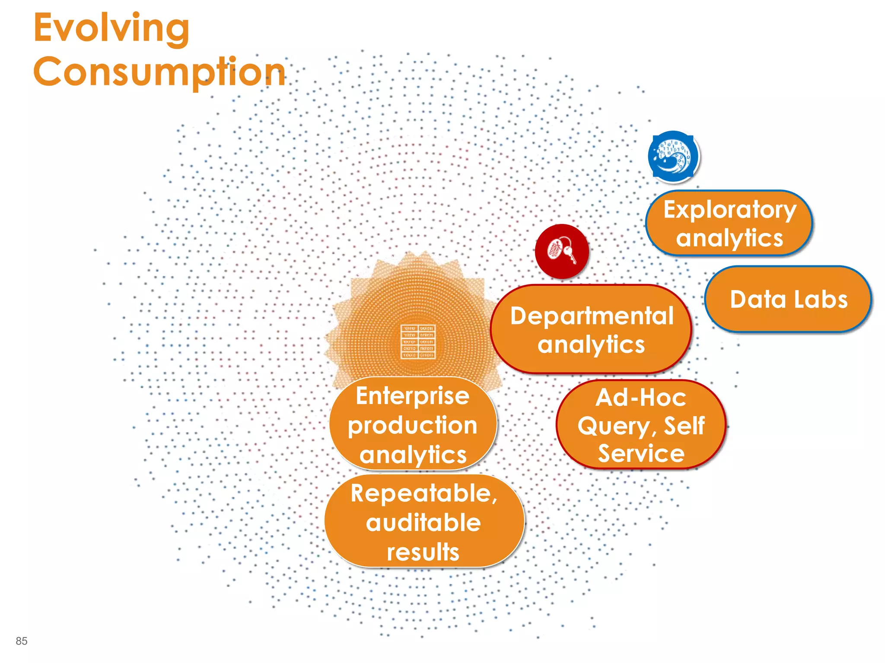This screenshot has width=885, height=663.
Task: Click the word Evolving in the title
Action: coord(111,28)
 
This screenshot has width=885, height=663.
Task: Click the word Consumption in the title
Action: coord(159,72)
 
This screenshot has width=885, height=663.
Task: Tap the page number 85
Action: coord(21,641)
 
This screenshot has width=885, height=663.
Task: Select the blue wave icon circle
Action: coord(673,156)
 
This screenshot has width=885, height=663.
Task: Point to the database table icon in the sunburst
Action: coord(417,341)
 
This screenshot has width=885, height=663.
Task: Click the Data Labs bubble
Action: coord(788,300)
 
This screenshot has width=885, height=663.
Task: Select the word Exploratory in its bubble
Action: coord(729,210)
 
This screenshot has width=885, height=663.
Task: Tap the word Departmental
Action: coord(592,316)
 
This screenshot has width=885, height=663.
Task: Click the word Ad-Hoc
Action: coord(640,398)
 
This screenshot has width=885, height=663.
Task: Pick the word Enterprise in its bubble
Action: coord(412,396)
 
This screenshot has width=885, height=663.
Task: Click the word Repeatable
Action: coord(423,493)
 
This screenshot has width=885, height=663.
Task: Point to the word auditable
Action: coord(423,523)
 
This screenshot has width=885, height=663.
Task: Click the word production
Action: coord(412,426)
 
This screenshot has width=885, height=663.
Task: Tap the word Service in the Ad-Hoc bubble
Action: coord(641,453)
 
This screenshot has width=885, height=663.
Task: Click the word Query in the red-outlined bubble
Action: coord(614,426)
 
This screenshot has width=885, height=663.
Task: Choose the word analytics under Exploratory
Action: coord(729,238)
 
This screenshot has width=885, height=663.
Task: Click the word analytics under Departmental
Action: coord(591,345)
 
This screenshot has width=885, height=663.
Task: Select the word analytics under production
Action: coord(413,455)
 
